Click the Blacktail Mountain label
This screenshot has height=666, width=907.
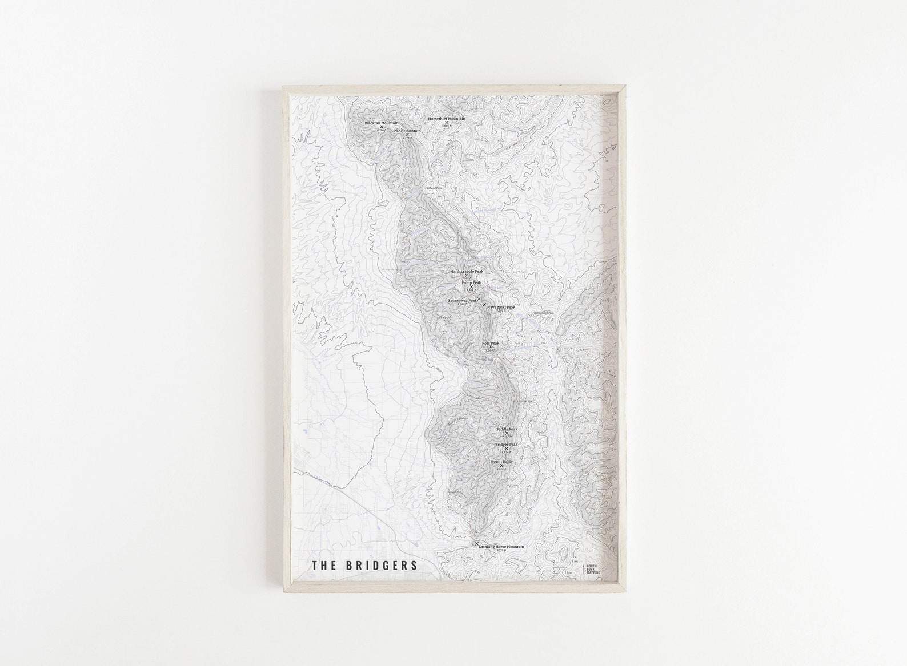click(x=382, y=123)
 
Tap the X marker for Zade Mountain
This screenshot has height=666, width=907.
click(x=407, y=135)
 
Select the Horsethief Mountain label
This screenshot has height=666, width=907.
click(x=447, y=119)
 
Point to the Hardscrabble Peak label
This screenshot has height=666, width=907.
click(x=467, y=272)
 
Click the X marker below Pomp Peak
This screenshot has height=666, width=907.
click(x=471, y=287)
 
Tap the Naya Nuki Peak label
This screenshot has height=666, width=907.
click(x=501, y=307)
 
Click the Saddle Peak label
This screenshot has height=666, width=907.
click(x=507, y=429)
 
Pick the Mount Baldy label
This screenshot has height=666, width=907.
click(x=501, y=461)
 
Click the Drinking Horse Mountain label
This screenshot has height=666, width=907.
click(x=501, y=546)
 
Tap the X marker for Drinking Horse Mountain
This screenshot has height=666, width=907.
click(x=477, y=544)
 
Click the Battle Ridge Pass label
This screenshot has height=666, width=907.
click(x=543, y=313)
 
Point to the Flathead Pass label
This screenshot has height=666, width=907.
click(x=434, y=188)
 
